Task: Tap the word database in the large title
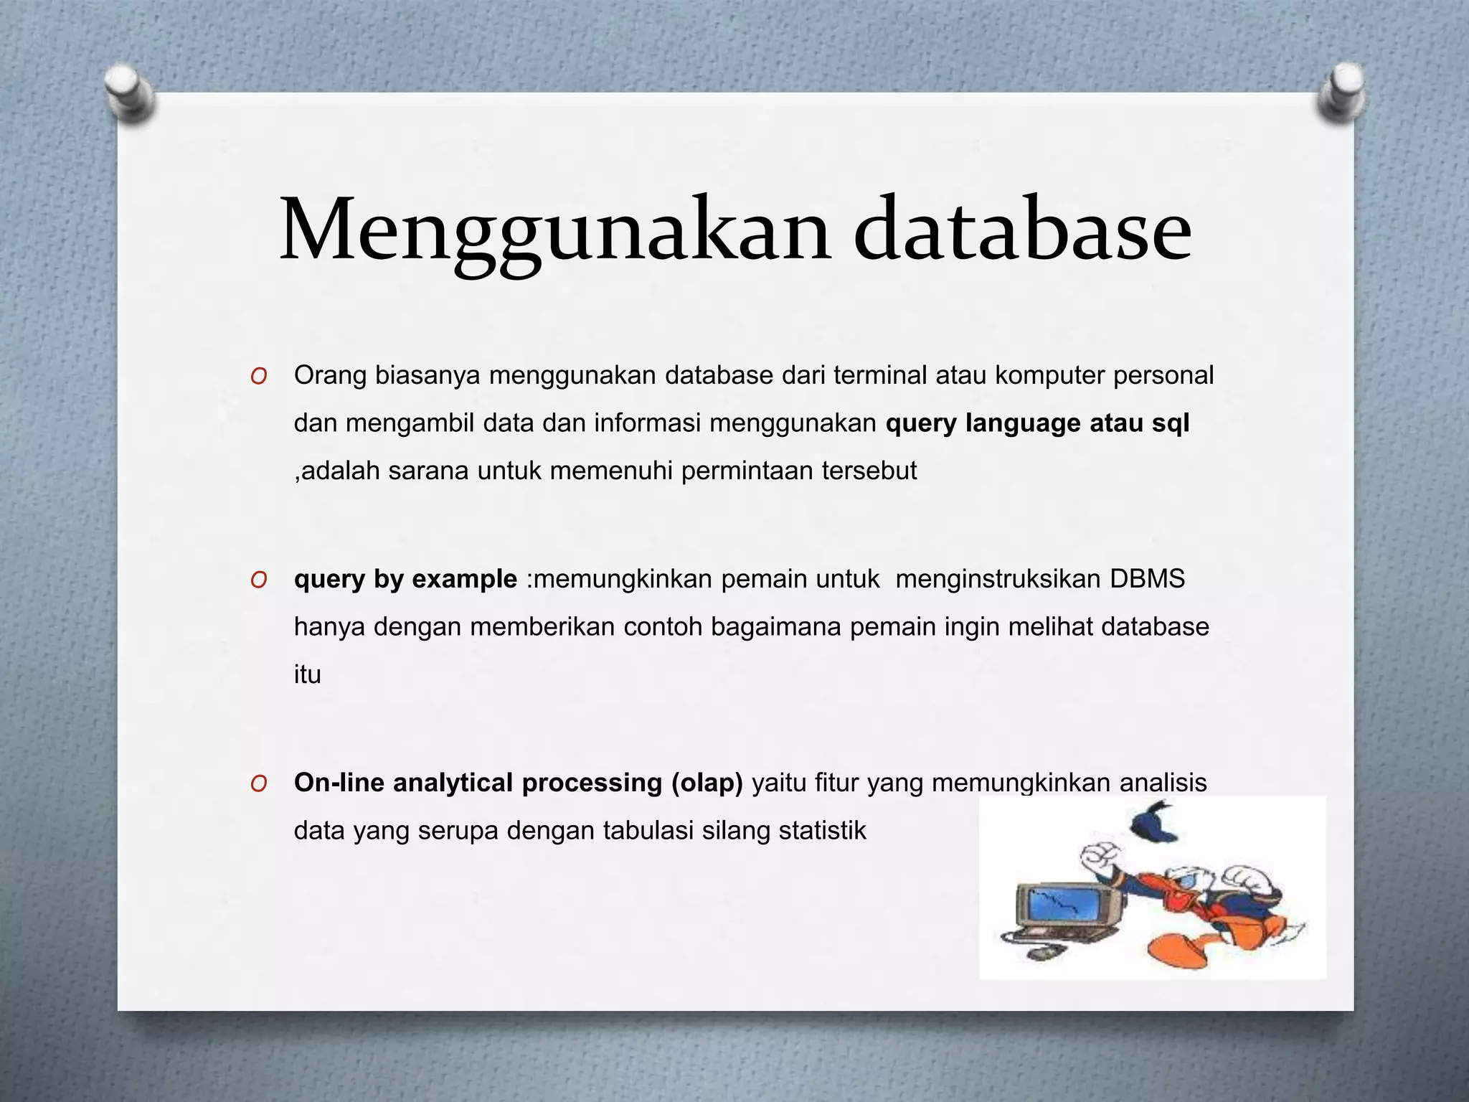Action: pyautogui.click(x=1021, y=230)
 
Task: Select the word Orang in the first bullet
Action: pyautogui.click(x=330, y=375)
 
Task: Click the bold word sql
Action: pyautogui.click(x=1171, y=423)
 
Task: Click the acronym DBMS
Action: pyautogui.click(x=1148, y=578)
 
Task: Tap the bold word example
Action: pyautogui.click(x=464, y=578)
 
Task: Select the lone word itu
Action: pyautogui.click(x=307, y=674)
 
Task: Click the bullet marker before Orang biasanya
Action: pyautogui.click(x=259, y=376)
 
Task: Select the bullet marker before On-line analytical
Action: pyautogui.click(x=259, y=783)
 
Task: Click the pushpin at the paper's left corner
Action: pyautogui.click(x=128, y=93)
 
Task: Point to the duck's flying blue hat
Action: pyautogui.click(x=1155, y=824)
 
